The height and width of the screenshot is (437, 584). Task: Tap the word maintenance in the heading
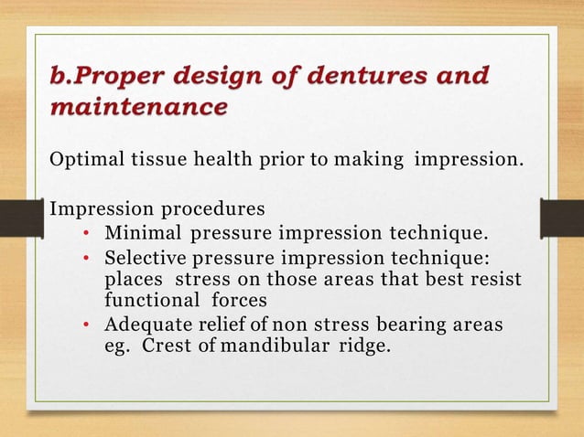137,108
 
